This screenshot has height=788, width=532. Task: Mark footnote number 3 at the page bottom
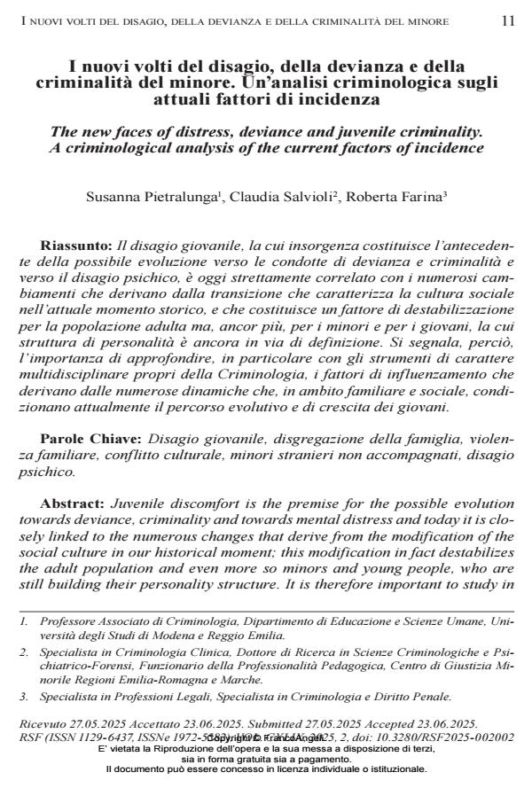click(23, 696)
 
